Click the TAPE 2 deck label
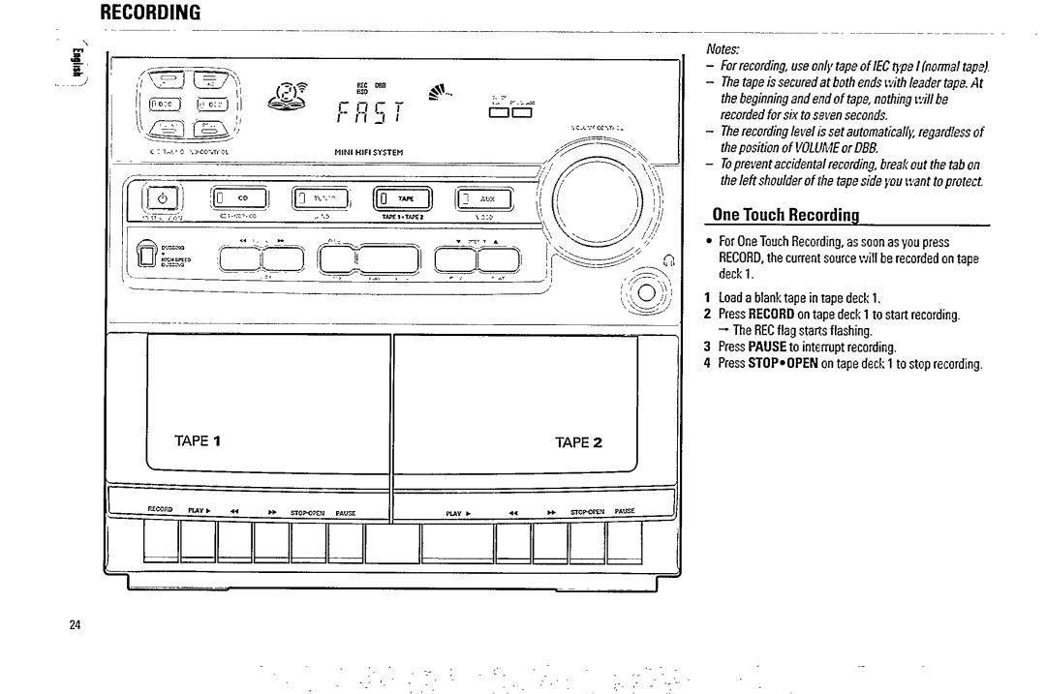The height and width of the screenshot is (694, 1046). (579, 442)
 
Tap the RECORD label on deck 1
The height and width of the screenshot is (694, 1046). (160, 508)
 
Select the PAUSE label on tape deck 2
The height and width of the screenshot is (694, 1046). (625, 508)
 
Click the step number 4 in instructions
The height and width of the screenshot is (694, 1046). (708, 364)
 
